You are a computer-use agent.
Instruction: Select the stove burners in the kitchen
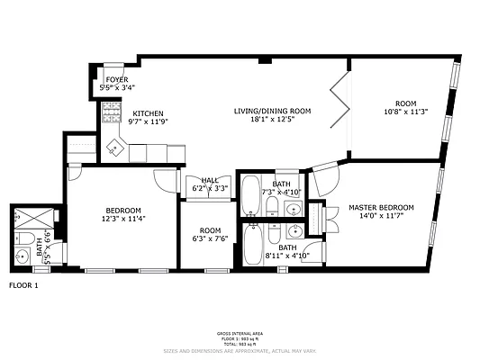pyautogui.click(x=111, y=112)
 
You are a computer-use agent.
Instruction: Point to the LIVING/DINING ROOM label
pyautogui.click(x=272, y=111)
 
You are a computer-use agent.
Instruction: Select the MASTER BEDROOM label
pyautogui.click(x=381, y=208)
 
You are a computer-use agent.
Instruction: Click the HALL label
pyautogui.click(x=210, y=180)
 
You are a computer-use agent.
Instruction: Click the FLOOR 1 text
pyautogui.click(x=24, y=285)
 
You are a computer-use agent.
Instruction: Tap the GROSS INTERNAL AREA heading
pyautogui.click(x=239, y=333)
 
